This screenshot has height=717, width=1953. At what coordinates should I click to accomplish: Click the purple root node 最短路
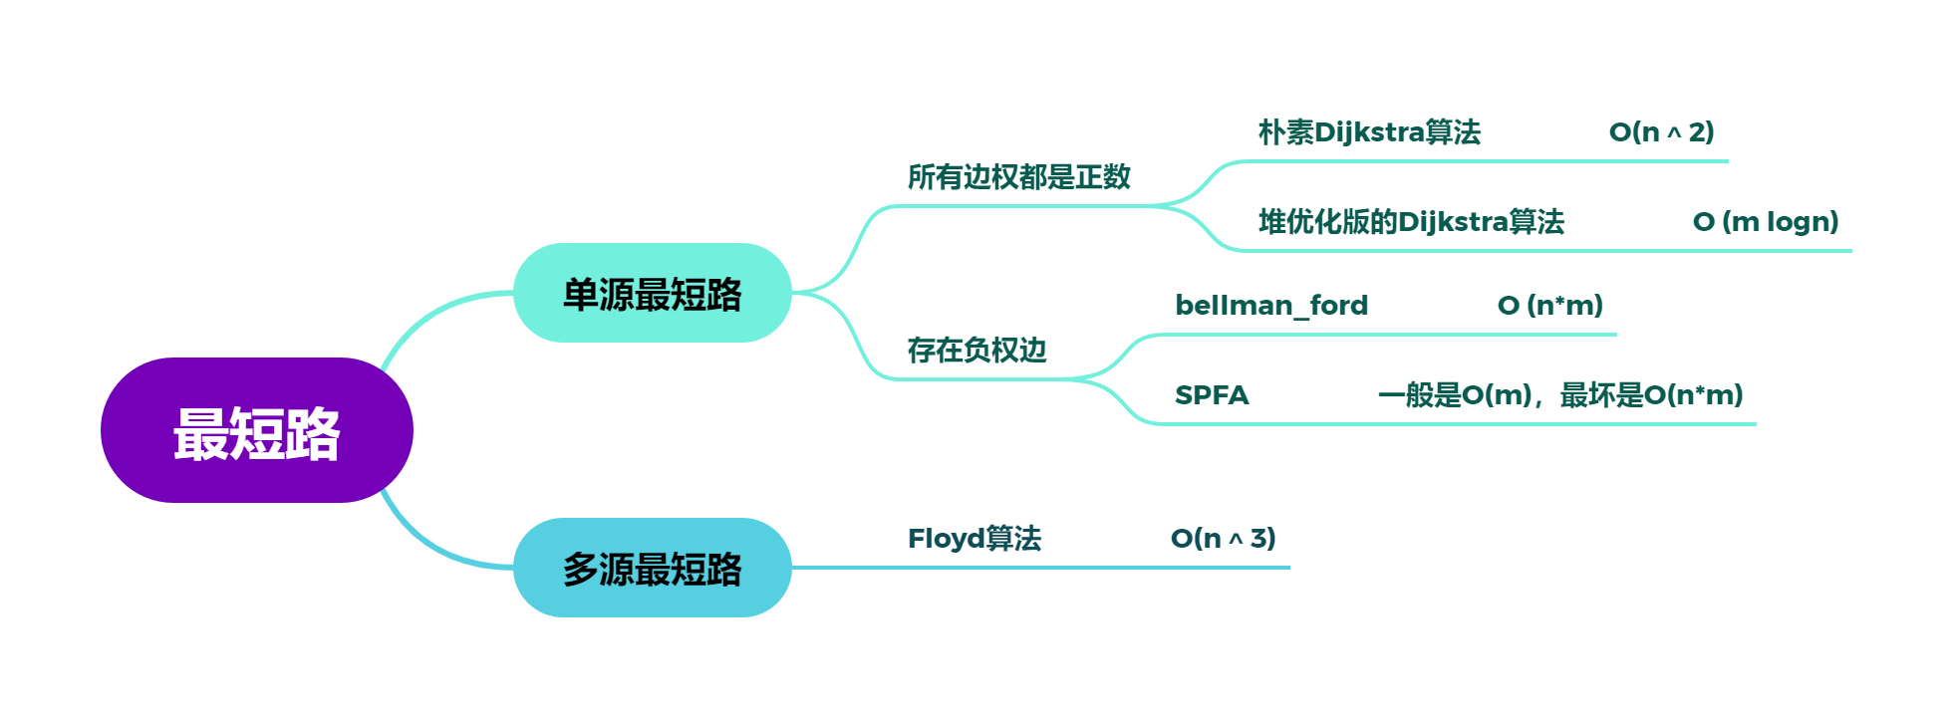pyautogui.click(x=256, y=431)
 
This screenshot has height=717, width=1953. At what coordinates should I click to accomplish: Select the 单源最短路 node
pyautogui.click(x=652, y=294)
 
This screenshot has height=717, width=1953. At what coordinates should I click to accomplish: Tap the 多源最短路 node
pyautogui.click(x=652, y=568)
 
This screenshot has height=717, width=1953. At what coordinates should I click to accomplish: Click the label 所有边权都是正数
pyautogui.click(x=1018, y=177)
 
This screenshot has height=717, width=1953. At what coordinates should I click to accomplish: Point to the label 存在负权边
pyautogui.click(x=976, y=351)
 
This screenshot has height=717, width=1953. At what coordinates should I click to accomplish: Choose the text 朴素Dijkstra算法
pyautogui.click(x=1369, y=132)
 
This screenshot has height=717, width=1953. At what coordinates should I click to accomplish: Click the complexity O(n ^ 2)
pyautogui.click(x=1661, y=132)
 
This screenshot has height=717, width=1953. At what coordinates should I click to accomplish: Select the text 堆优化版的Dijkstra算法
pyautogui.click(x=1411, y=222)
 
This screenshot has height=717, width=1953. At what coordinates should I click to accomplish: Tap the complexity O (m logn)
pyautogui.click(x=1765, y=222)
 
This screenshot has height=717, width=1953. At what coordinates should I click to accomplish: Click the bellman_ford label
pyautogui.click(x=1271, y=306)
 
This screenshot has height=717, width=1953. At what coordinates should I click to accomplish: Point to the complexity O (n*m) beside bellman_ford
pyautogui.click(x=1549, y=306)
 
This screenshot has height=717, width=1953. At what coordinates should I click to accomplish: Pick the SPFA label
pyautogui.click(x=1212, y=395)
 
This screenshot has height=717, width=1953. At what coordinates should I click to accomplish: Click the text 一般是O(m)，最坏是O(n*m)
pyautogui.click(x=1560, y=395)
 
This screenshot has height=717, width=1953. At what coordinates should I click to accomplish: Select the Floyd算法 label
pyautogui.click(x=974, y=539)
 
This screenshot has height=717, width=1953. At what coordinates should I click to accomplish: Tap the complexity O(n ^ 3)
pyautogui.click(x=1223, y=539)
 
